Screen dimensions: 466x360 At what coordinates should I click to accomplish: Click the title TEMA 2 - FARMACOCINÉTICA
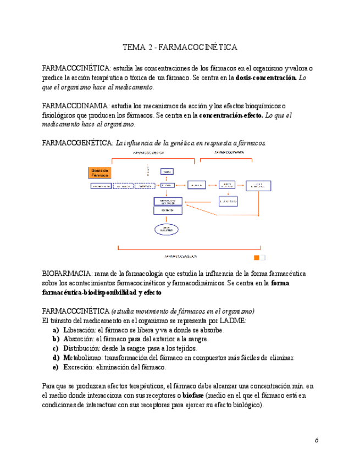180,47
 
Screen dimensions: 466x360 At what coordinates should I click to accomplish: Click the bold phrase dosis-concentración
266,78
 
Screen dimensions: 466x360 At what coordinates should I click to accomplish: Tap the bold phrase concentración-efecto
230,115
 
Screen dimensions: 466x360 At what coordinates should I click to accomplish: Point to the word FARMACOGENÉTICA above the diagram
77,143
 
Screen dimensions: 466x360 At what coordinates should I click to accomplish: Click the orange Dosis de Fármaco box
101,173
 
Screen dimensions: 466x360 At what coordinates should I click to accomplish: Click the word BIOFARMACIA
67,274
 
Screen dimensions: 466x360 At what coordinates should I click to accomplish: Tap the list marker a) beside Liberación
56,330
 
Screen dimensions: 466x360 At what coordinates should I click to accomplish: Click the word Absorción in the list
79,340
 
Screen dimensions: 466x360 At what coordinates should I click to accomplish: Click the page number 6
317,440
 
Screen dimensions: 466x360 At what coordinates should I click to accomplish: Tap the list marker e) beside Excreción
56,367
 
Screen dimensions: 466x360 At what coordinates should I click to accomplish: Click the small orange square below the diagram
256,257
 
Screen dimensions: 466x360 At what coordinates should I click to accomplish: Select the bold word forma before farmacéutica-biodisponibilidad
281,283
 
